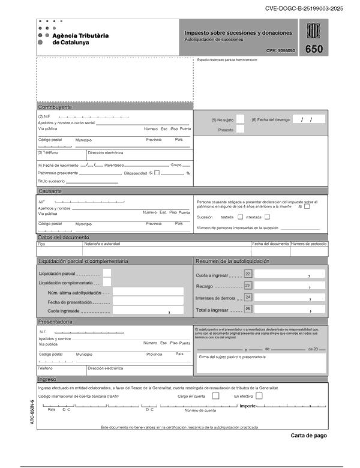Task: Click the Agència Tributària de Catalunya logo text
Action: point(80,39)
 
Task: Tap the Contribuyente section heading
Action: point(56,106)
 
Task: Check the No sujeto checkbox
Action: point(240,119)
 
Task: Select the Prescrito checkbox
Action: point(240,129)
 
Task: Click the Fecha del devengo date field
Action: point(308,119)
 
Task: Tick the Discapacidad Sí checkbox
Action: point(157,173)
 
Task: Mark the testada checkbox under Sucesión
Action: point(241,217)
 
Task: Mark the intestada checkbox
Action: point(268,217)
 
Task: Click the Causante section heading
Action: point(50,191)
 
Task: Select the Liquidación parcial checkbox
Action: point(107,273)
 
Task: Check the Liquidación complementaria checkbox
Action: point(107,283)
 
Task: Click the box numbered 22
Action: point(248,274)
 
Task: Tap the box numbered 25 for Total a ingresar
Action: point(248,309)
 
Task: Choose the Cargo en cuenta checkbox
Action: point(216,396)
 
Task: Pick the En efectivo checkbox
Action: point(259,396)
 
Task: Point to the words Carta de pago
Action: point(309,436)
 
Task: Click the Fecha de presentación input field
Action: point(148,301)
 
